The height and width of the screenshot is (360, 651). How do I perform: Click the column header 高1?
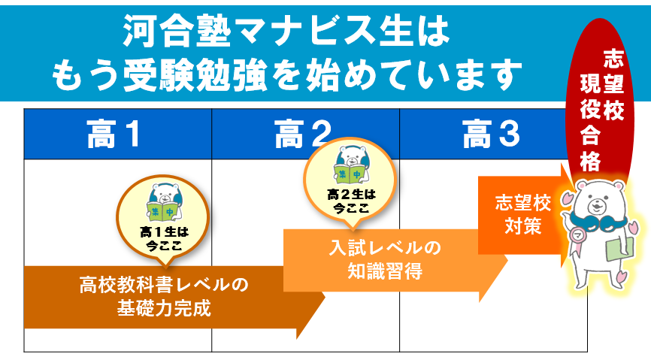coord(113,134)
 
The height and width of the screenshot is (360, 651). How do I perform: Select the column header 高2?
coord(303,134)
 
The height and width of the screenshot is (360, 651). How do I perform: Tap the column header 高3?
coord(491,134)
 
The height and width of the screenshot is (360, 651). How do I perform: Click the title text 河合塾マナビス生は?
coord(286,31)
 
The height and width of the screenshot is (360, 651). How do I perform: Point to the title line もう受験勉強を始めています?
coord(286,75)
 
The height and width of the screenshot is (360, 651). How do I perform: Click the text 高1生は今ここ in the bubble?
coord(164,239)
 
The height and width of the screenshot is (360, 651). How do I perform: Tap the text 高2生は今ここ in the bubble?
coord(351,201)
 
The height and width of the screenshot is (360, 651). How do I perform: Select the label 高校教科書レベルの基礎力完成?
coord(164,296)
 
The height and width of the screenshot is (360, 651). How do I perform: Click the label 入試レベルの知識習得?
coord(385,259)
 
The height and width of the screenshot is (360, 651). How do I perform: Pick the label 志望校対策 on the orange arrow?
coord(522,214)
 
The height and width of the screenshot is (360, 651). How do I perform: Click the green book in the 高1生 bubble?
coord(162,211)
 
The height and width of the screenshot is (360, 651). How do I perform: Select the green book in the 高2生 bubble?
coord(350,174)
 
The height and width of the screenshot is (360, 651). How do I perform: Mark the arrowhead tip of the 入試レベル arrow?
coord(507,260)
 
